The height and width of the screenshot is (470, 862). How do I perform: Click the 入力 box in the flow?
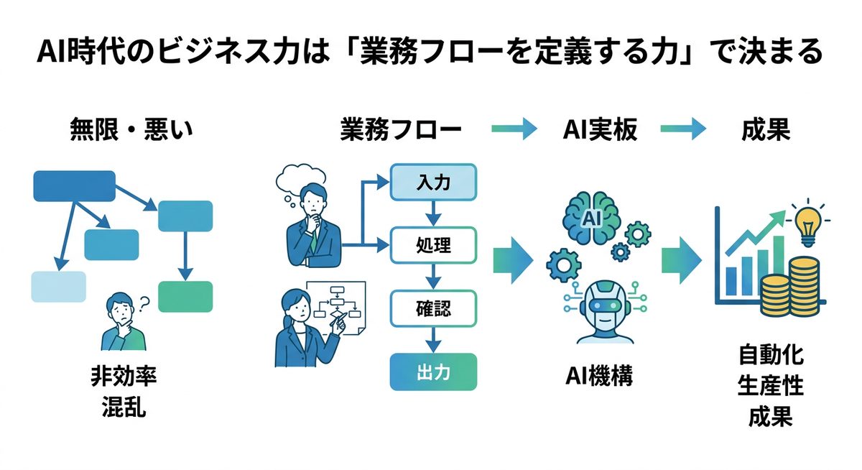coord(432,182)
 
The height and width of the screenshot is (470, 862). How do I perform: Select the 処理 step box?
coord(432,244)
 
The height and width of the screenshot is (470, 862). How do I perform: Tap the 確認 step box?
coord(432,308)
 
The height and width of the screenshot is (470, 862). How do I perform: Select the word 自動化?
coord(771,356)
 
